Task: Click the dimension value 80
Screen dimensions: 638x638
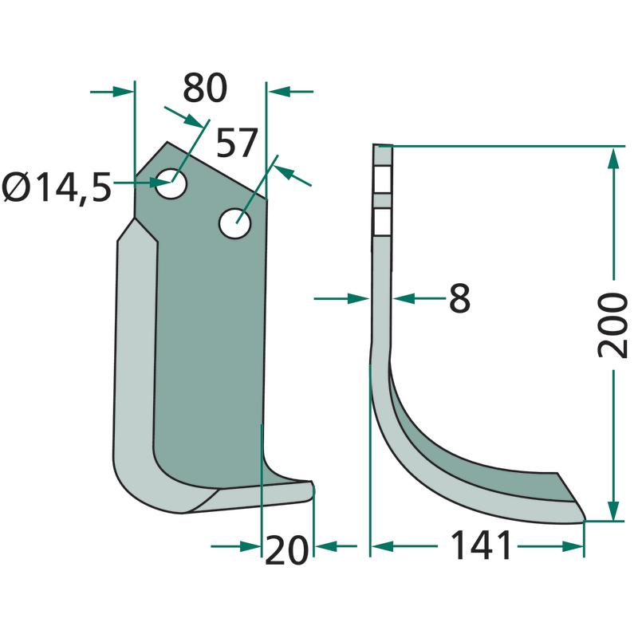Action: [205, 89]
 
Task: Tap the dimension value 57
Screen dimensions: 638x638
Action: [237, 143]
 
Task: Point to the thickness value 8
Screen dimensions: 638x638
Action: [460, 298]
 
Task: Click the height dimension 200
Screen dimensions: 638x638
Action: [612, 325]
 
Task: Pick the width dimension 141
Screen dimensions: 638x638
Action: [482, 545]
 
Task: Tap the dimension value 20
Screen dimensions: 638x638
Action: [286, 550]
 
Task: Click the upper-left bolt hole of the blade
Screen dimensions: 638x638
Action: [171, 183]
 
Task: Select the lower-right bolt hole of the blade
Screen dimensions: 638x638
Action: [234, 223]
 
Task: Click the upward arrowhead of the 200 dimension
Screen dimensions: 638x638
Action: [613, 158]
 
